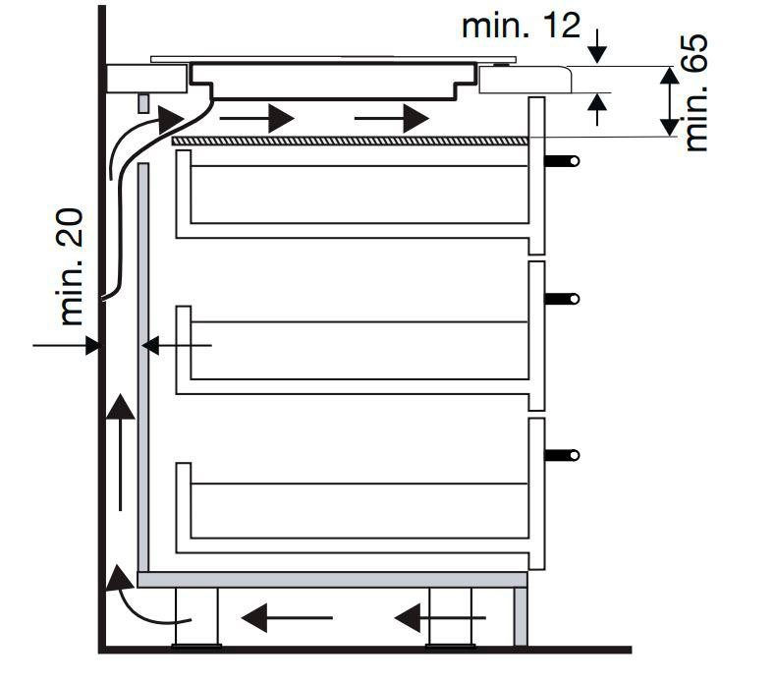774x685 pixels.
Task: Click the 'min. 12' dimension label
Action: [521, 25]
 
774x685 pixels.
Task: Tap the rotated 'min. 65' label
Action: [696, 94]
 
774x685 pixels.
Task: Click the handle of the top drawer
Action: [563, 160]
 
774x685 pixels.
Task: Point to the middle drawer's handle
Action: [563, 298]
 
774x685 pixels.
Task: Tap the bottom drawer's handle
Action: [563, 454]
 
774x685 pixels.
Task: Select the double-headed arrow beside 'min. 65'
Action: [668, 101]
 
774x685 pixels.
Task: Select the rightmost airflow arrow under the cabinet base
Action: [439, 617]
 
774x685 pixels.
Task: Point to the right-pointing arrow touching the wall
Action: [65, 345]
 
